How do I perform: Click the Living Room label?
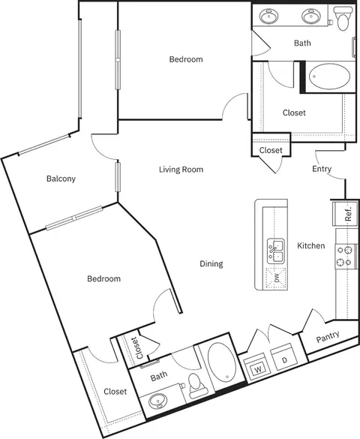pyautogui.click(x=181, y=170)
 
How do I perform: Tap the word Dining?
pyautogui.click(x=211, y=263)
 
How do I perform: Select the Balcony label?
pyautogui.click(x=61, y=179)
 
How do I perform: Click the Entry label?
pyautogui.click(x=322, y=169)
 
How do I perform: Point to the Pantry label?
pyautogui.click(x=328, y=337)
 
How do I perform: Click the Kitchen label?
pyautogui.click(x=311, y=246)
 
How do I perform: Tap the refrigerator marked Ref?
pyautogui.click(x=345, y=213)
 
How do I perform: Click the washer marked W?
pyautogui.click(x=257, y=367)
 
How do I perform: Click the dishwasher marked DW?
pyautogui.click(x=276, y=278)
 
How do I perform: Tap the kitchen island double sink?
pyautogui.click(x=276, y=251)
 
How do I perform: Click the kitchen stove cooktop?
pyautogui.click(x=344, y=256)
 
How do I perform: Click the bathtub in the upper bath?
pyautogui.click(x=329, y=77)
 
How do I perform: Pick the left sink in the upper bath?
pyautogui.click(x=268, y=16)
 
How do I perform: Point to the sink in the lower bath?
pyautogui.click(x=157, y=401)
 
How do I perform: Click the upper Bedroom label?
pyautogui.click(x=186, y=59)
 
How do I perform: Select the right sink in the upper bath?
pyautogui.click(x=310, y=16)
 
